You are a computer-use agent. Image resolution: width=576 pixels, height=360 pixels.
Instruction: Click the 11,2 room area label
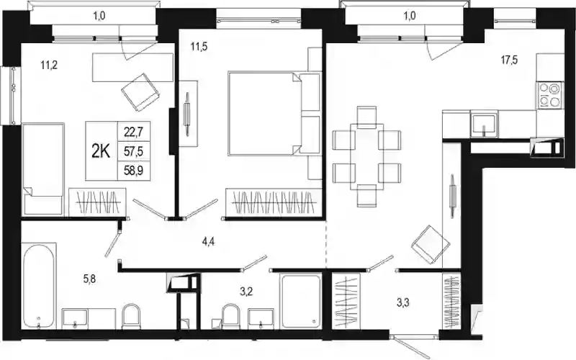pyautogui.click(x=49, y=66)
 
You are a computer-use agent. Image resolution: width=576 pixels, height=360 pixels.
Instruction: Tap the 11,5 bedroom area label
pyautogui.click(x=199, y=47)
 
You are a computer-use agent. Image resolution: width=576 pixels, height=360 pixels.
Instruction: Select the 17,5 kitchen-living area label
pyautogui.click(x=510, y=60)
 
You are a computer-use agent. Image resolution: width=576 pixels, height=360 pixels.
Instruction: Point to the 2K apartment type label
pyautogui.click(x=101, y=151)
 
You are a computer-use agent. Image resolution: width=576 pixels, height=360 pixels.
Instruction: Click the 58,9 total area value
pyautogui.click(x=133, y=171)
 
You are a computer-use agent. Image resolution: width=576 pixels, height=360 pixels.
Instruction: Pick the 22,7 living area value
pyautogui.click(x=133, y=131)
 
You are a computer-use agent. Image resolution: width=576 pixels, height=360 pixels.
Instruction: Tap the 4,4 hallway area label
pyautogui.click(x=208, y=242)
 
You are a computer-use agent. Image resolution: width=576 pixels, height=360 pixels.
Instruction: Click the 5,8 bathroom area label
pyautogui.click(x=89, y=279)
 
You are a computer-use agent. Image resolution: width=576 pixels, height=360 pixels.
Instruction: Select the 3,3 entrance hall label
pyautogui.click(x=403, y=303)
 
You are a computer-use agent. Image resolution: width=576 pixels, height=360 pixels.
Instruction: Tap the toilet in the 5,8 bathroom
pyautogui.click(x=131, y=316)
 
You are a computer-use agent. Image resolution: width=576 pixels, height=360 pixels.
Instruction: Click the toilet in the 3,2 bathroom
pyautogui.click(x=230, y=316)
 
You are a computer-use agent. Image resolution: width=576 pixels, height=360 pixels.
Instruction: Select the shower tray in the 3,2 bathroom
pyautogui.click(x=301, y=302)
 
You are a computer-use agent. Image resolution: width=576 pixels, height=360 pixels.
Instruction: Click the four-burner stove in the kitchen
pyautogui.click(x=551, y=95)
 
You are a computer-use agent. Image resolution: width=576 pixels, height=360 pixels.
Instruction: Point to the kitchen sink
pyautogui.click(x=484, y=125)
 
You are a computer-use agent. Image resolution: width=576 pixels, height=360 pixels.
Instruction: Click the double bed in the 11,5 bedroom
pyautogui.click(x=274, y=114)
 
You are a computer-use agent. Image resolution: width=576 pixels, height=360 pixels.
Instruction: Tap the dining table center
pyautogui.click(x=366, y=157)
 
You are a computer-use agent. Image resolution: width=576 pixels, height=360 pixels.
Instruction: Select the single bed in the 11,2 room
pyautogui.click(x=43, y=169)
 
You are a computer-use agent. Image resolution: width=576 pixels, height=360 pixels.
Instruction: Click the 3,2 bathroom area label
pyautogui.click(x=246, y=292)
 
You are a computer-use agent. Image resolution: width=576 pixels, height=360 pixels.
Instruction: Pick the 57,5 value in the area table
pyautogui.click(x=133, y=151)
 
